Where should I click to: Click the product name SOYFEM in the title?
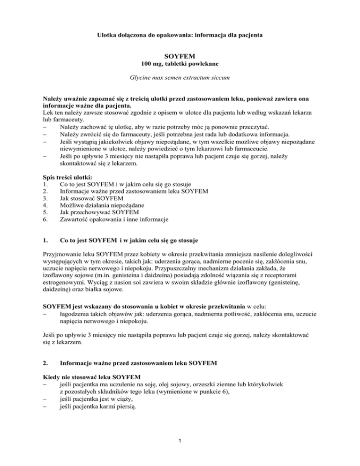(180, 55)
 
